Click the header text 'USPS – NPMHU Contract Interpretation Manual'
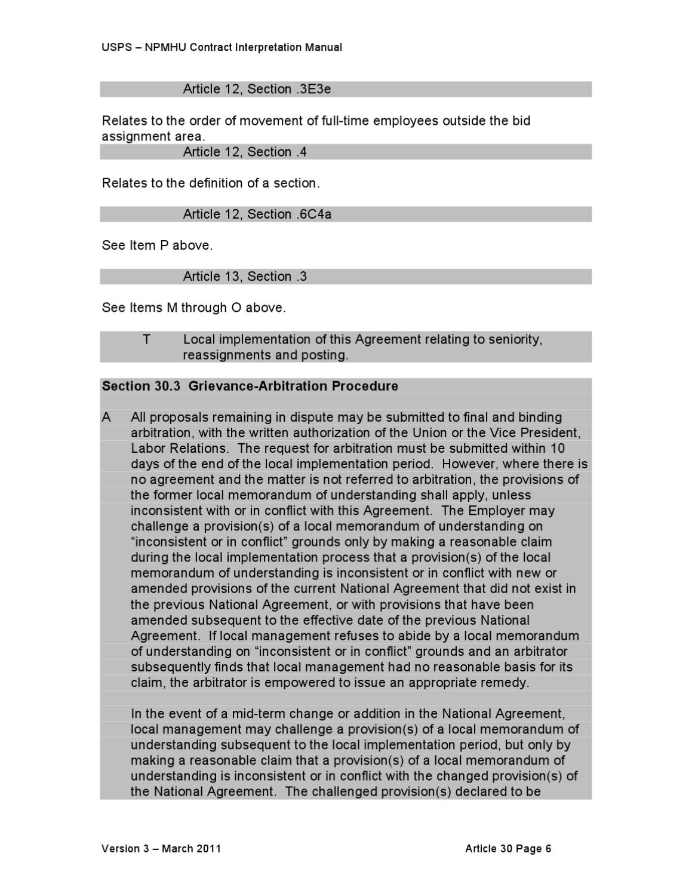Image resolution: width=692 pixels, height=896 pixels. pos(222,47)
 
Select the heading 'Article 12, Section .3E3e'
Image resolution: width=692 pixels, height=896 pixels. pos(257,89)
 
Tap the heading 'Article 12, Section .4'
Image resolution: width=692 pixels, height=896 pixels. pos(245,152)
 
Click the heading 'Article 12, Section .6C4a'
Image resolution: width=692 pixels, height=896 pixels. pos(257,214)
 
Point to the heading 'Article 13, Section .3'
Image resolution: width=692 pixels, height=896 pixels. pos(245,277)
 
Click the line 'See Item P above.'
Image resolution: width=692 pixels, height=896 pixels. pos(157,246)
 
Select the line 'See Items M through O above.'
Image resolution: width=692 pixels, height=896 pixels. pos(193,308)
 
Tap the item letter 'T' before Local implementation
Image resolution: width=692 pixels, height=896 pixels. pos(146,339)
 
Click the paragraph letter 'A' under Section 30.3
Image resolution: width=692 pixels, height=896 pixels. pos(106,417)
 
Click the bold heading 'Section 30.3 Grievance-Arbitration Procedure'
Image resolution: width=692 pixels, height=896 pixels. pos(250,386)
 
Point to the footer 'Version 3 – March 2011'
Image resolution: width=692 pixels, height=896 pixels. pos(161,849)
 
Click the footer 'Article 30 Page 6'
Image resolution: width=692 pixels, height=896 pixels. pos(508,849)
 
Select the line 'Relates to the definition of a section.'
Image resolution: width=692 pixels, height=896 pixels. pos(211,183)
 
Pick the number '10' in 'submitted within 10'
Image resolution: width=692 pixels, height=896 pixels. pos(558,448)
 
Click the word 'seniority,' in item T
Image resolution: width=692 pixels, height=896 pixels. pos(515,339)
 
